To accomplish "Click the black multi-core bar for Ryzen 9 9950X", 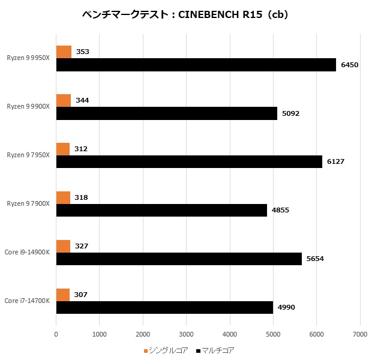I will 196,65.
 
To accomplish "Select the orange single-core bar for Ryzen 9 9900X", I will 63,100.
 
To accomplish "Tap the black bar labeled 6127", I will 189,161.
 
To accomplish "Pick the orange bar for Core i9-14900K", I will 63,246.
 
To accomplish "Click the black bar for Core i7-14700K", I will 164,307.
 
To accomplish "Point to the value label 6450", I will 349,65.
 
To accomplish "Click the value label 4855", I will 280,210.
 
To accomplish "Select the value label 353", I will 83,52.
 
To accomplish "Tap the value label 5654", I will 315,259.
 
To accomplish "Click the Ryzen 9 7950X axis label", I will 28,155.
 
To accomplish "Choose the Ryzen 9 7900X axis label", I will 28,203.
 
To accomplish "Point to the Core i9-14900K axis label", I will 28,252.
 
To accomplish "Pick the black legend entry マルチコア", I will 214,350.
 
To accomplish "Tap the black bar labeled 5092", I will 166,113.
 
